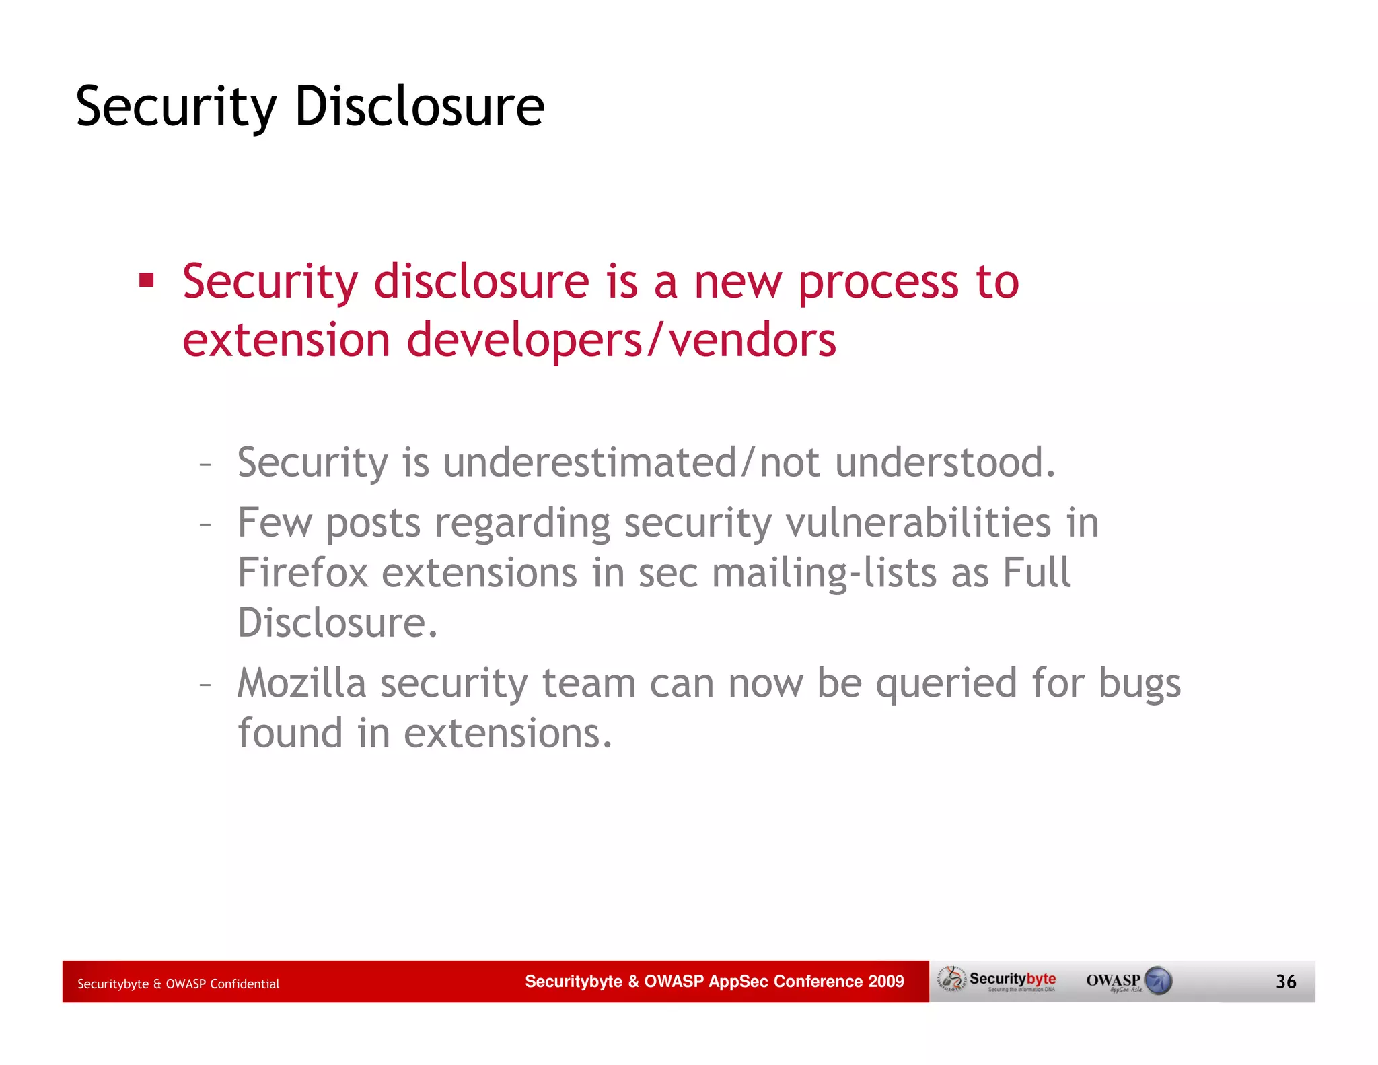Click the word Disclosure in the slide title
419,106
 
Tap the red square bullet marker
147,280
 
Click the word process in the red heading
878,283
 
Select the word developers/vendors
622,340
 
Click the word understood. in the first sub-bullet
945,463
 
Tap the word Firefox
303,573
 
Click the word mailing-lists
824,573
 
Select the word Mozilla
301,683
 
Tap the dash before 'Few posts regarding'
205,524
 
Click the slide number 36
1285,982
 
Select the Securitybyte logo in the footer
999,981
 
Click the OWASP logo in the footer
1128,981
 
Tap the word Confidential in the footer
244,984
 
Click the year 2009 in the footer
885,982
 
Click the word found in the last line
290,733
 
